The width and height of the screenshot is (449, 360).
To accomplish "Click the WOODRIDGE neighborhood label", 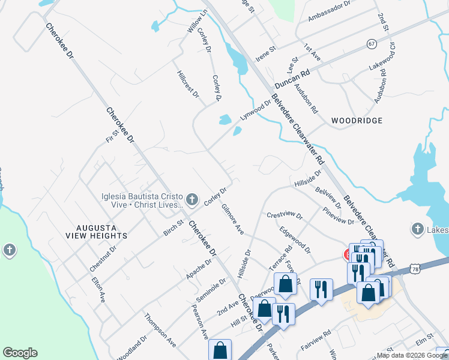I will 357,121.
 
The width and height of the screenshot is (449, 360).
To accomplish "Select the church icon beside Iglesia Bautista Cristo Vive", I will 191,199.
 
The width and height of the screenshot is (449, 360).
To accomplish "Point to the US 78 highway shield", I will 415,270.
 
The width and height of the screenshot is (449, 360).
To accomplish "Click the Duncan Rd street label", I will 292,79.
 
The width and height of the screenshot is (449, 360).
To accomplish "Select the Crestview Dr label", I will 285,215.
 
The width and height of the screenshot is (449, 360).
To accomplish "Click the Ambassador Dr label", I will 329,11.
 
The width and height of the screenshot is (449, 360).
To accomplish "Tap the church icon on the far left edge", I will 9,250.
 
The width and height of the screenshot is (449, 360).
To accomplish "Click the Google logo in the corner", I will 20,353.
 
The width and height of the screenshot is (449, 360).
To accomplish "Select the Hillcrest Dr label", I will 188,84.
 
